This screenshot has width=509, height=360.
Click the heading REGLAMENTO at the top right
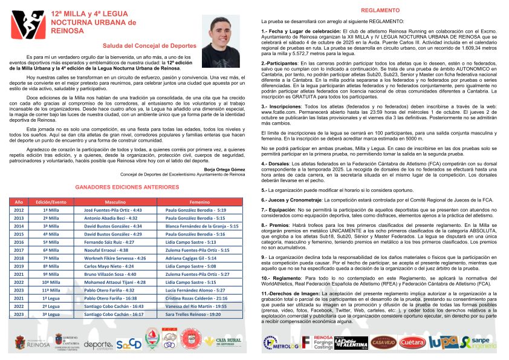coord(375,10)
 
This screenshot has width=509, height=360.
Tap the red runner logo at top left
coord(25,25)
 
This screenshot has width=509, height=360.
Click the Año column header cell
coord(19,201)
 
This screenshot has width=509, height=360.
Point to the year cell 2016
coord(19,241)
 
